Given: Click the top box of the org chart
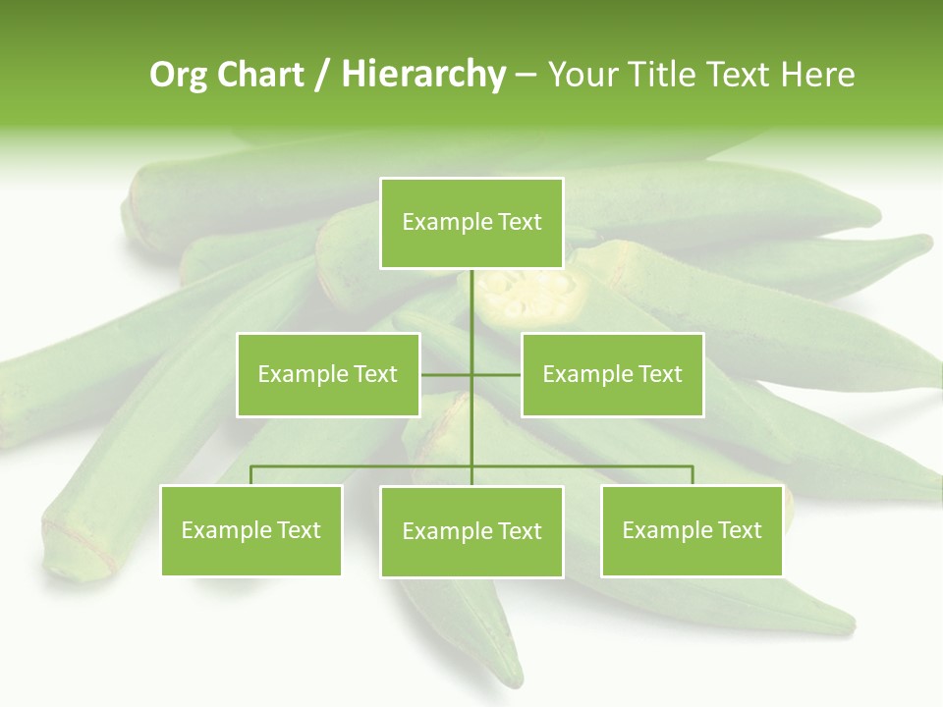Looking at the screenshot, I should pos(471,223).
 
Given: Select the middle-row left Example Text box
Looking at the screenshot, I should pos(328,374).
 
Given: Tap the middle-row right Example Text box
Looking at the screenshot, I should pos(612,374).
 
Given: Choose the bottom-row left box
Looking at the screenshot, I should pos(251,530).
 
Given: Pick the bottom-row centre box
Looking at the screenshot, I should pos(471,531).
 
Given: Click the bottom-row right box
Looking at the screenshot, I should pos(692,530).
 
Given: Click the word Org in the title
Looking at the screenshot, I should pos(177,75).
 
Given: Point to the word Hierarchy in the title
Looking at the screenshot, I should pos(422,75).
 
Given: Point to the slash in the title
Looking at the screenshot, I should pos(322,75).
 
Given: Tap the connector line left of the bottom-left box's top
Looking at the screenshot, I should pos(251,475).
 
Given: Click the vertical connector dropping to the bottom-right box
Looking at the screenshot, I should pos(693,475).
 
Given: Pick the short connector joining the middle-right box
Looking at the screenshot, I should pos(497,374).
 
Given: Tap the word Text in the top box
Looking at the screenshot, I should pos(520,223).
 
